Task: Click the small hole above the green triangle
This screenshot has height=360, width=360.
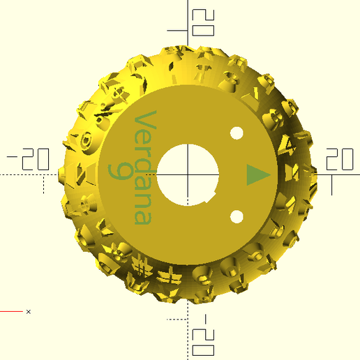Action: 237,133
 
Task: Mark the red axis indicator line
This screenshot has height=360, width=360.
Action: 11,311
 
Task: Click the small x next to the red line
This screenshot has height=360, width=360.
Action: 28,311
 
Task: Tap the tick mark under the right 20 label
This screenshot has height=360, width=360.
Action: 332,185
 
